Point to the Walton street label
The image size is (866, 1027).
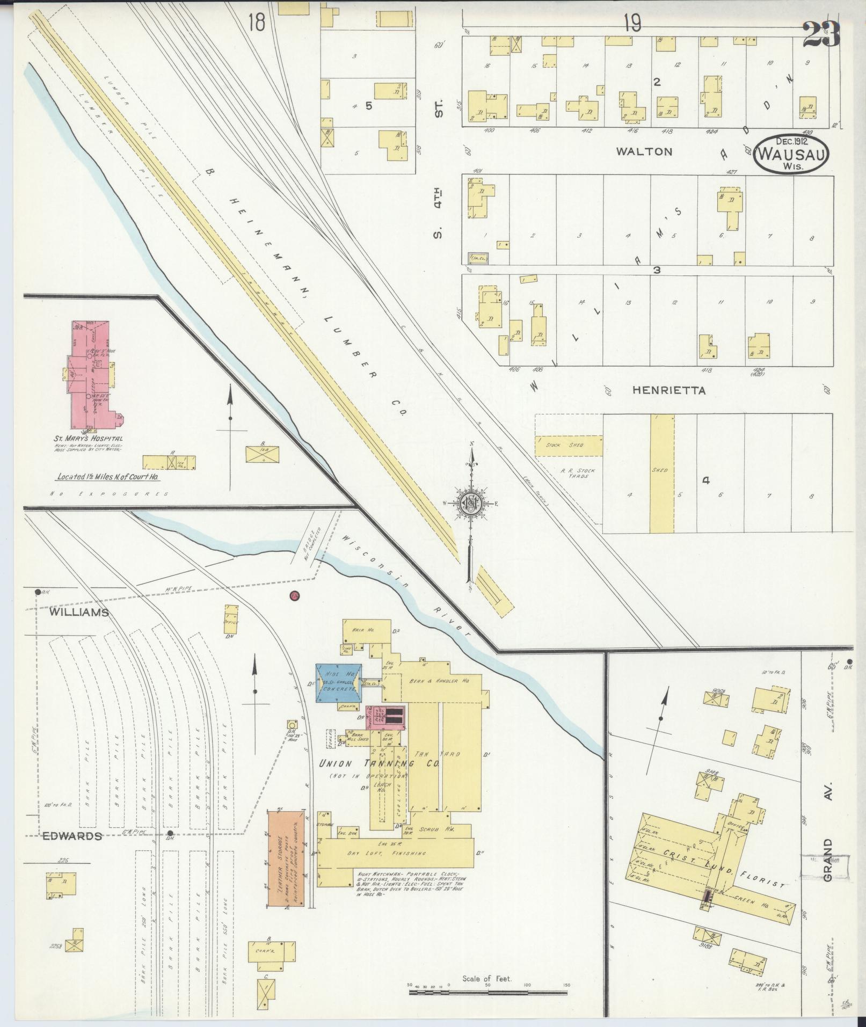(x=644, y=152)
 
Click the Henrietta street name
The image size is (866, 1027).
(x=668, y=390)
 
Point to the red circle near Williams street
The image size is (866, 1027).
(x=294, y=595)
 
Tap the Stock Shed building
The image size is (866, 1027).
(x=568, y=446)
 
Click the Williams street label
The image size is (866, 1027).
(x=80, y=613)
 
